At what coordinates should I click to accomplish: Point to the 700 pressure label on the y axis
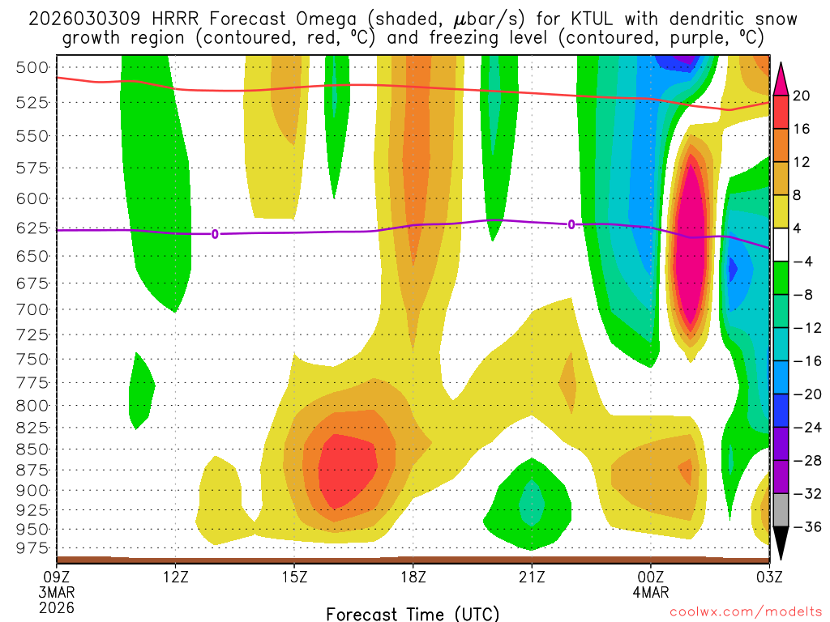(32, 309)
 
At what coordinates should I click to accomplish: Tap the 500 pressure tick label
(32, 67)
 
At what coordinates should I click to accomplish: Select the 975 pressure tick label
(32, 548)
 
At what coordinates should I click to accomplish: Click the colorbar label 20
(802, 96)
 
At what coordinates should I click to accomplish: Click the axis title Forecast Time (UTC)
(413, 613)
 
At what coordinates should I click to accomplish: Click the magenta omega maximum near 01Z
(691, 243)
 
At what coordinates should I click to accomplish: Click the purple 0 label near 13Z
(215, 234)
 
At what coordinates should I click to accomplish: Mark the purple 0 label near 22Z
(571, 224)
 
